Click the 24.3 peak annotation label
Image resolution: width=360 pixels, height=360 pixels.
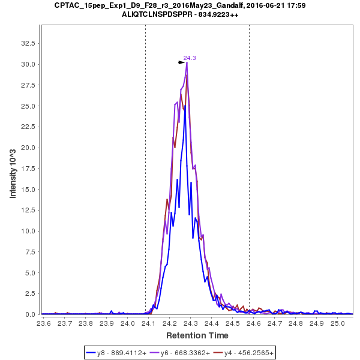pos(190,58)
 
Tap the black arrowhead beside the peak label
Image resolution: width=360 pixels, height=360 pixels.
pos(181,62)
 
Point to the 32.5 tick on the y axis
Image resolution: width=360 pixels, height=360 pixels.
pos(29,43)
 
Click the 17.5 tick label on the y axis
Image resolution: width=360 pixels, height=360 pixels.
pos(29,169)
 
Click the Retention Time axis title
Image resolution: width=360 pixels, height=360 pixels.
pos(197,335)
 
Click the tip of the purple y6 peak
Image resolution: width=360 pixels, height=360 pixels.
pos(187,62)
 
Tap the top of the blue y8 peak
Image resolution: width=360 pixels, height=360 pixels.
pos(184,106)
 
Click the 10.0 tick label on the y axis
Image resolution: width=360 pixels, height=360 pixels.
pos(29,231)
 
